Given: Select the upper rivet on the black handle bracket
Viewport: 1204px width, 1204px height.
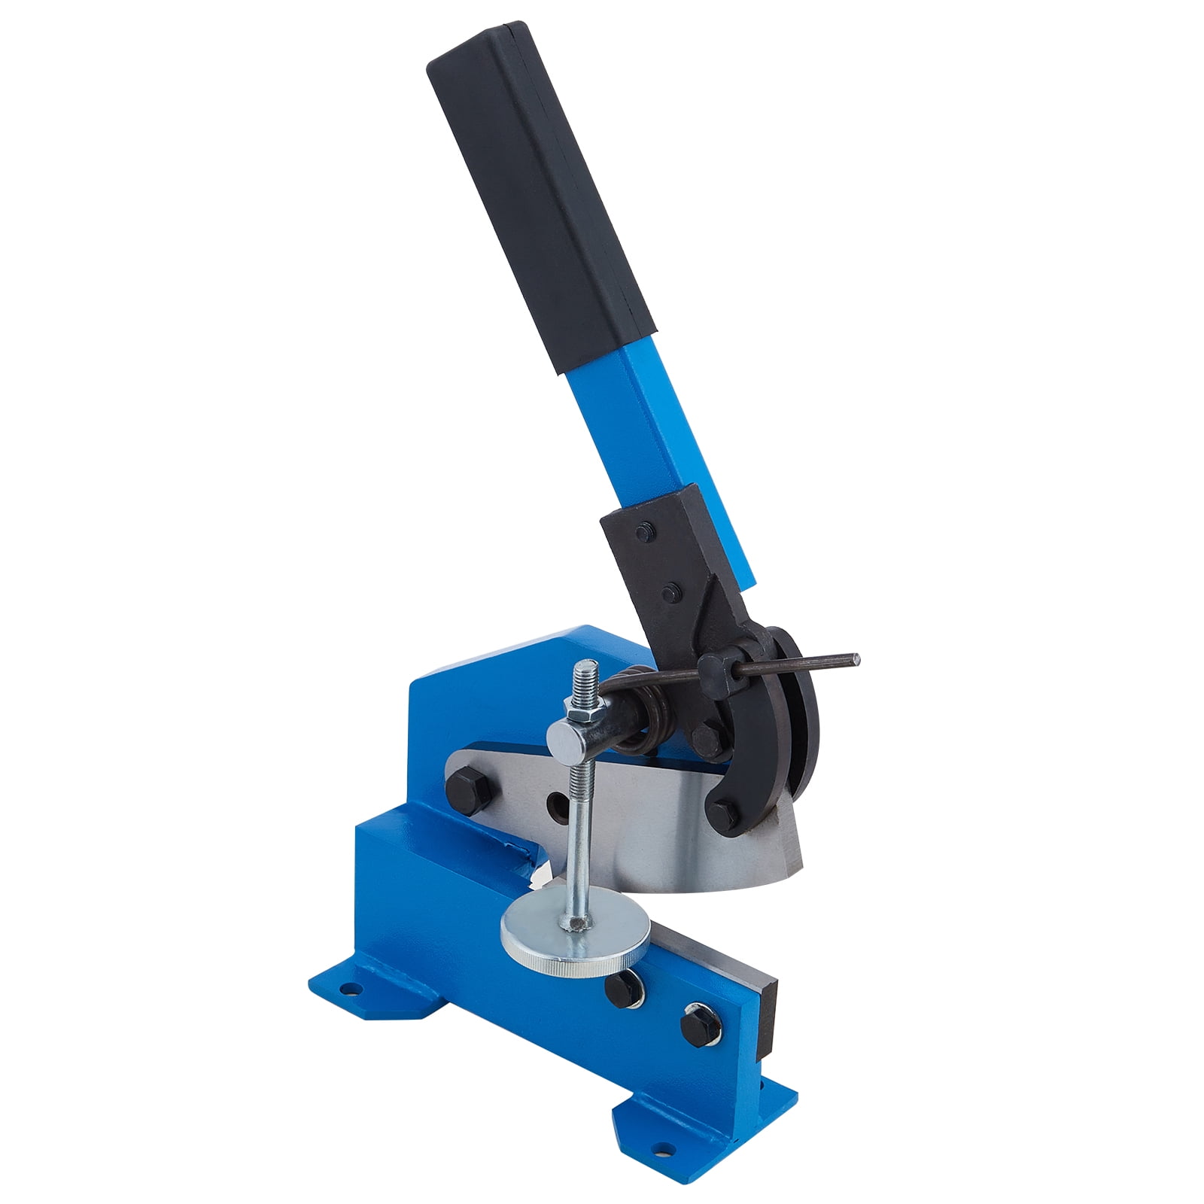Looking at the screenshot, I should pos(641,534).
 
